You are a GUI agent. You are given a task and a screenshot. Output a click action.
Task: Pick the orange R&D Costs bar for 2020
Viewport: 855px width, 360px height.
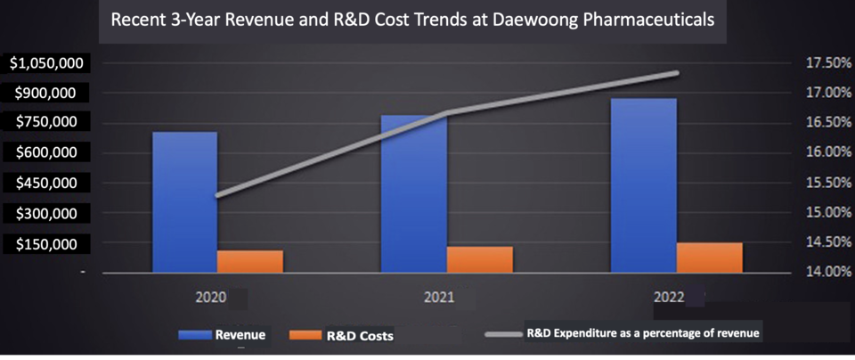[249, 262]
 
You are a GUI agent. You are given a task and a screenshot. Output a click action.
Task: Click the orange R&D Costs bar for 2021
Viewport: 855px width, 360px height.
[479, 259]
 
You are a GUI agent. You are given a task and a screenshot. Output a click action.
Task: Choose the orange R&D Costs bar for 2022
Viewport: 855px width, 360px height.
[709, 258]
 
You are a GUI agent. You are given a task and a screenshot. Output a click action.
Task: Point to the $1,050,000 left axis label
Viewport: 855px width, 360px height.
[46, 63]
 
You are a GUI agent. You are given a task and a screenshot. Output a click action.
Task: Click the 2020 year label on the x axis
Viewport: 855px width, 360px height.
[212, 296]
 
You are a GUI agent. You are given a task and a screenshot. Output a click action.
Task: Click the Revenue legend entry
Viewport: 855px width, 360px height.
[239, 335]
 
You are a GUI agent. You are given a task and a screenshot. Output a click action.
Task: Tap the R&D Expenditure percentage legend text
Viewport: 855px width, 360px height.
[644, 332]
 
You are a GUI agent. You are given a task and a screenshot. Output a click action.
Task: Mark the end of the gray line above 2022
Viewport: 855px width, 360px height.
[677, 73]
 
